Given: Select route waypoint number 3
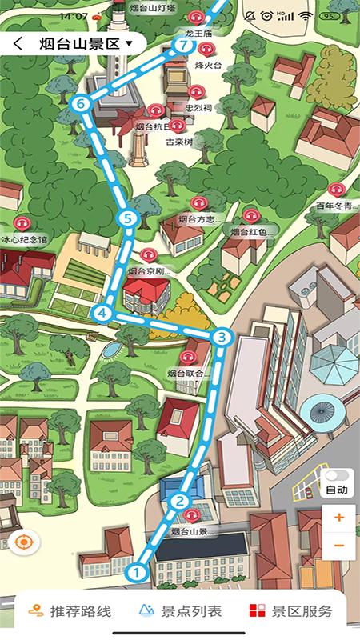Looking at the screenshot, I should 222,338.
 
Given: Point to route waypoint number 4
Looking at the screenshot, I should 102,313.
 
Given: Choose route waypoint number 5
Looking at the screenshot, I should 126,218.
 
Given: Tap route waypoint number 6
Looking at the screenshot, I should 80,103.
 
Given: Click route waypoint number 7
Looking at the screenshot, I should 184,46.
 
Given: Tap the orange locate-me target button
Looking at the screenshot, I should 23,542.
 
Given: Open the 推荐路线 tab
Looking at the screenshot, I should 70,612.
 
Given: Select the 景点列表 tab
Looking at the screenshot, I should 180,612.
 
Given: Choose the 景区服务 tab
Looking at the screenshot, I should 290,612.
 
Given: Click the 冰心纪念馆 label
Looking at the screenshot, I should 24,239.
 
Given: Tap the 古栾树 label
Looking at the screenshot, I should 179,142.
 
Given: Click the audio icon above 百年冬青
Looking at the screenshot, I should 338,190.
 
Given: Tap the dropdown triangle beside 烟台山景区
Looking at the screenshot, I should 129,44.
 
